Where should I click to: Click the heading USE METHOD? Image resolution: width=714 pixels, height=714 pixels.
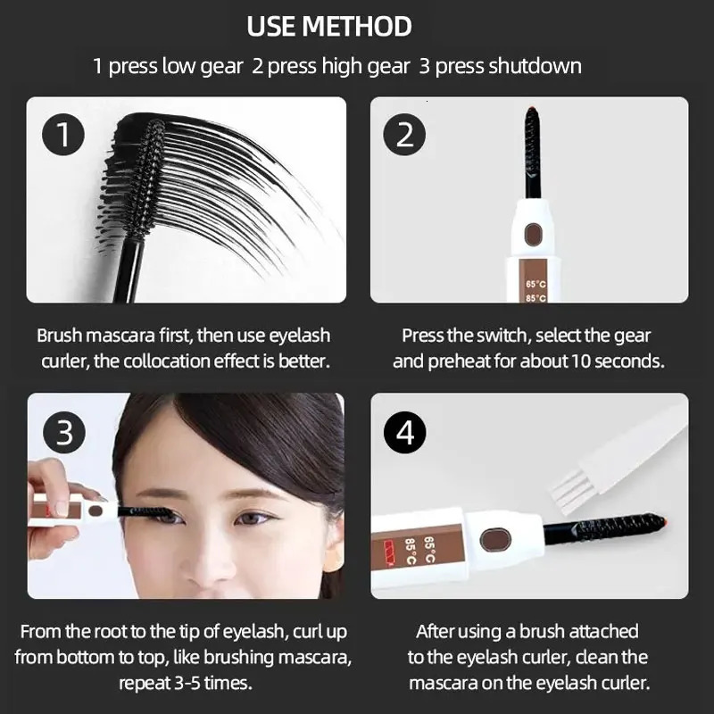click(329, 26)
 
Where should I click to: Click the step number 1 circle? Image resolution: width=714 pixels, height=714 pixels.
click(62, 136)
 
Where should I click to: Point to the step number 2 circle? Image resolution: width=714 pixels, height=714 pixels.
click(405, 136)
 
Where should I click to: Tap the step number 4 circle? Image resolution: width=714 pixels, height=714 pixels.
click(406, 433)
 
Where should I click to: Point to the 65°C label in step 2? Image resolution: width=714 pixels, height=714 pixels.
click(535, 285)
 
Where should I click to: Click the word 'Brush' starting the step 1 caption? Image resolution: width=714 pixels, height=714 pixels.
click(59, 336)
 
